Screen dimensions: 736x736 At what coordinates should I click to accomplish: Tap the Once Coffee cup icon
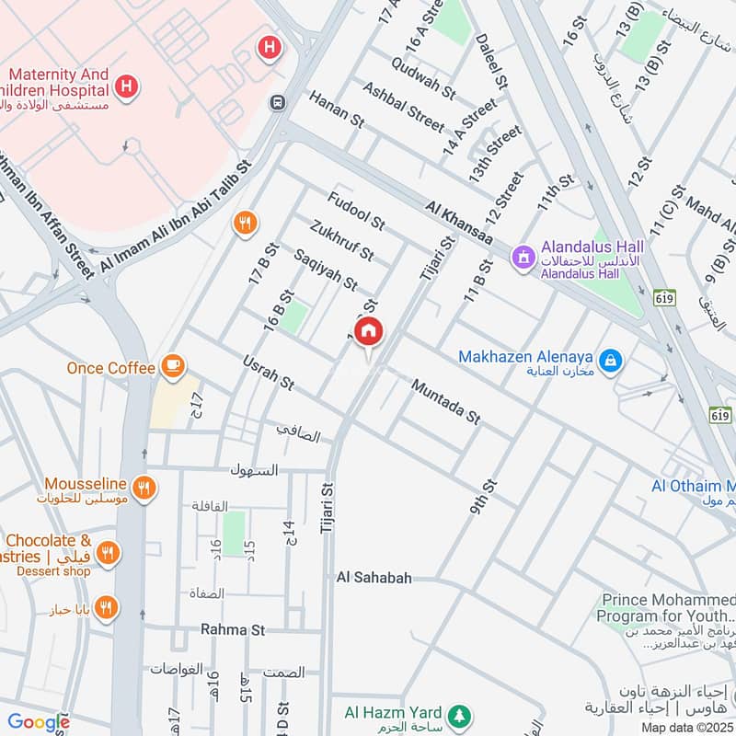172,367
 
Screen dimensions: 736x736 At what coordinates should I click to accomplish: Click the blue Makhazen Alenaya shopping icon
608,362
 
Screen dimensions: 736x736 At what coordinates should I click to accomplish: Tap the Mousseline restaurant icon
143,488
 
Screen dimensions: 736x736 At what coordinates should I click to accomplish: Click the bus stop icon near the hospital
275,102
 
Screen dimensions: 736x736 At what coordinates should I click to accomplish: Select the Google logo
38,722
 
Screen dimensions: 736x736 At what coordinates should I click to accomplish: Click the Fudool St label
355,209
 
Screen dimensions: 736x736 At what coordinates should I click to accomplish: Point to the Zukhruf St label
342,239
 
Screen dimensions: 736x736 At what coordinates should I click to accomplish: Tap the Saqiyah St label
325,270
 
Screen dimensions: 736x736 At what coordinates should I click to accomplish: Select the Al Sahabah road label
374,578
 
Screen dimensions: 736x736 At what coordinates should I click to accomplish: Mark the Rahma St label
233,630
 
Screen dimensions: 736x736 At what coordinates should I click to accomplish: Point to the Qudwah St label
423,77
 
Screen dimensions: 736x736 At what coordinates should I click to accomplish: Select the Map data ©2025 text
685,727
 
